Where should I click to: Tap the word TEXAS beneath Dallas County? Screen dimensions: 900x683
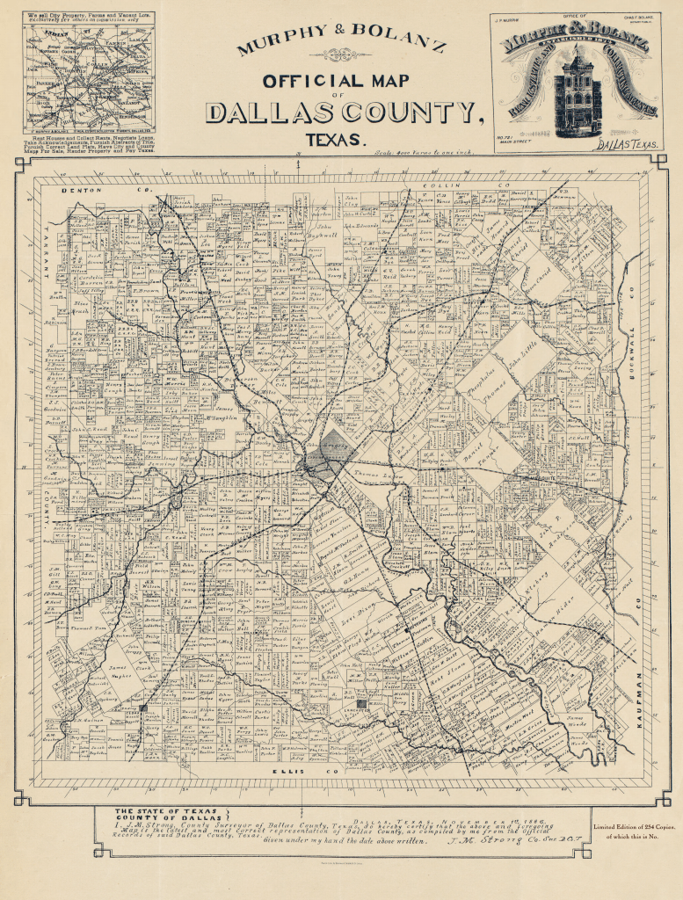coord(334,139)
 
